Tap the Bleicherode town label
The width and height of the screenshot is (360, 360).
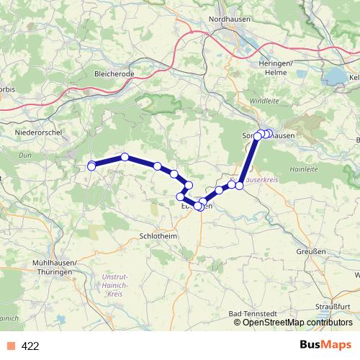coord(115,73)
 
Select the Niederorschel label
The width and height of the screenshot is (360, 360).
coord(36,134)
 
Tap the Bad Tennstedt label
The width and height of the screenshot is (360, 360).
coord(248,315)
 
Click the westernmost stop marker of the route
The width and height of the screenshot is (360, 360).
coord(91,166)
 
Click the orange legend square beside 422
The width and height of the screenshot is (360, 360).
coord(10,346)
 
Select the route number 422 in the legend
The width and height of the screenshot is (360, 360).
coord(30,346)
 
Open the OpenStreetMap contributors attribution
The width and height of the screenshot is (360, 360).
coord(297,323)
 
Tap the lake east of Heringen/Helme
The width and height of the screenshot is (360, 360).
coord(336,76)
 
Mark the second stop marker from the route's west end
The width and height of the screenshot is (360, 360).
coord(125,156)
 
